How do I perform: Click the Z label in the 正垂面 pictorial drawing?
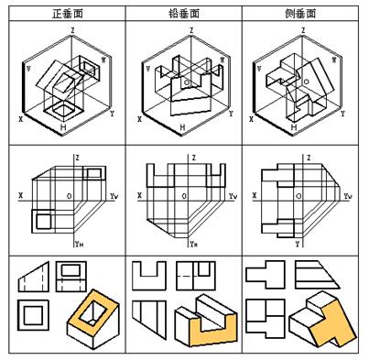click(x=71, y=29)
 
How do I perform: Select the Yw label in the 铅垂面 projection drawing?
click(x=233, y=196)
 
